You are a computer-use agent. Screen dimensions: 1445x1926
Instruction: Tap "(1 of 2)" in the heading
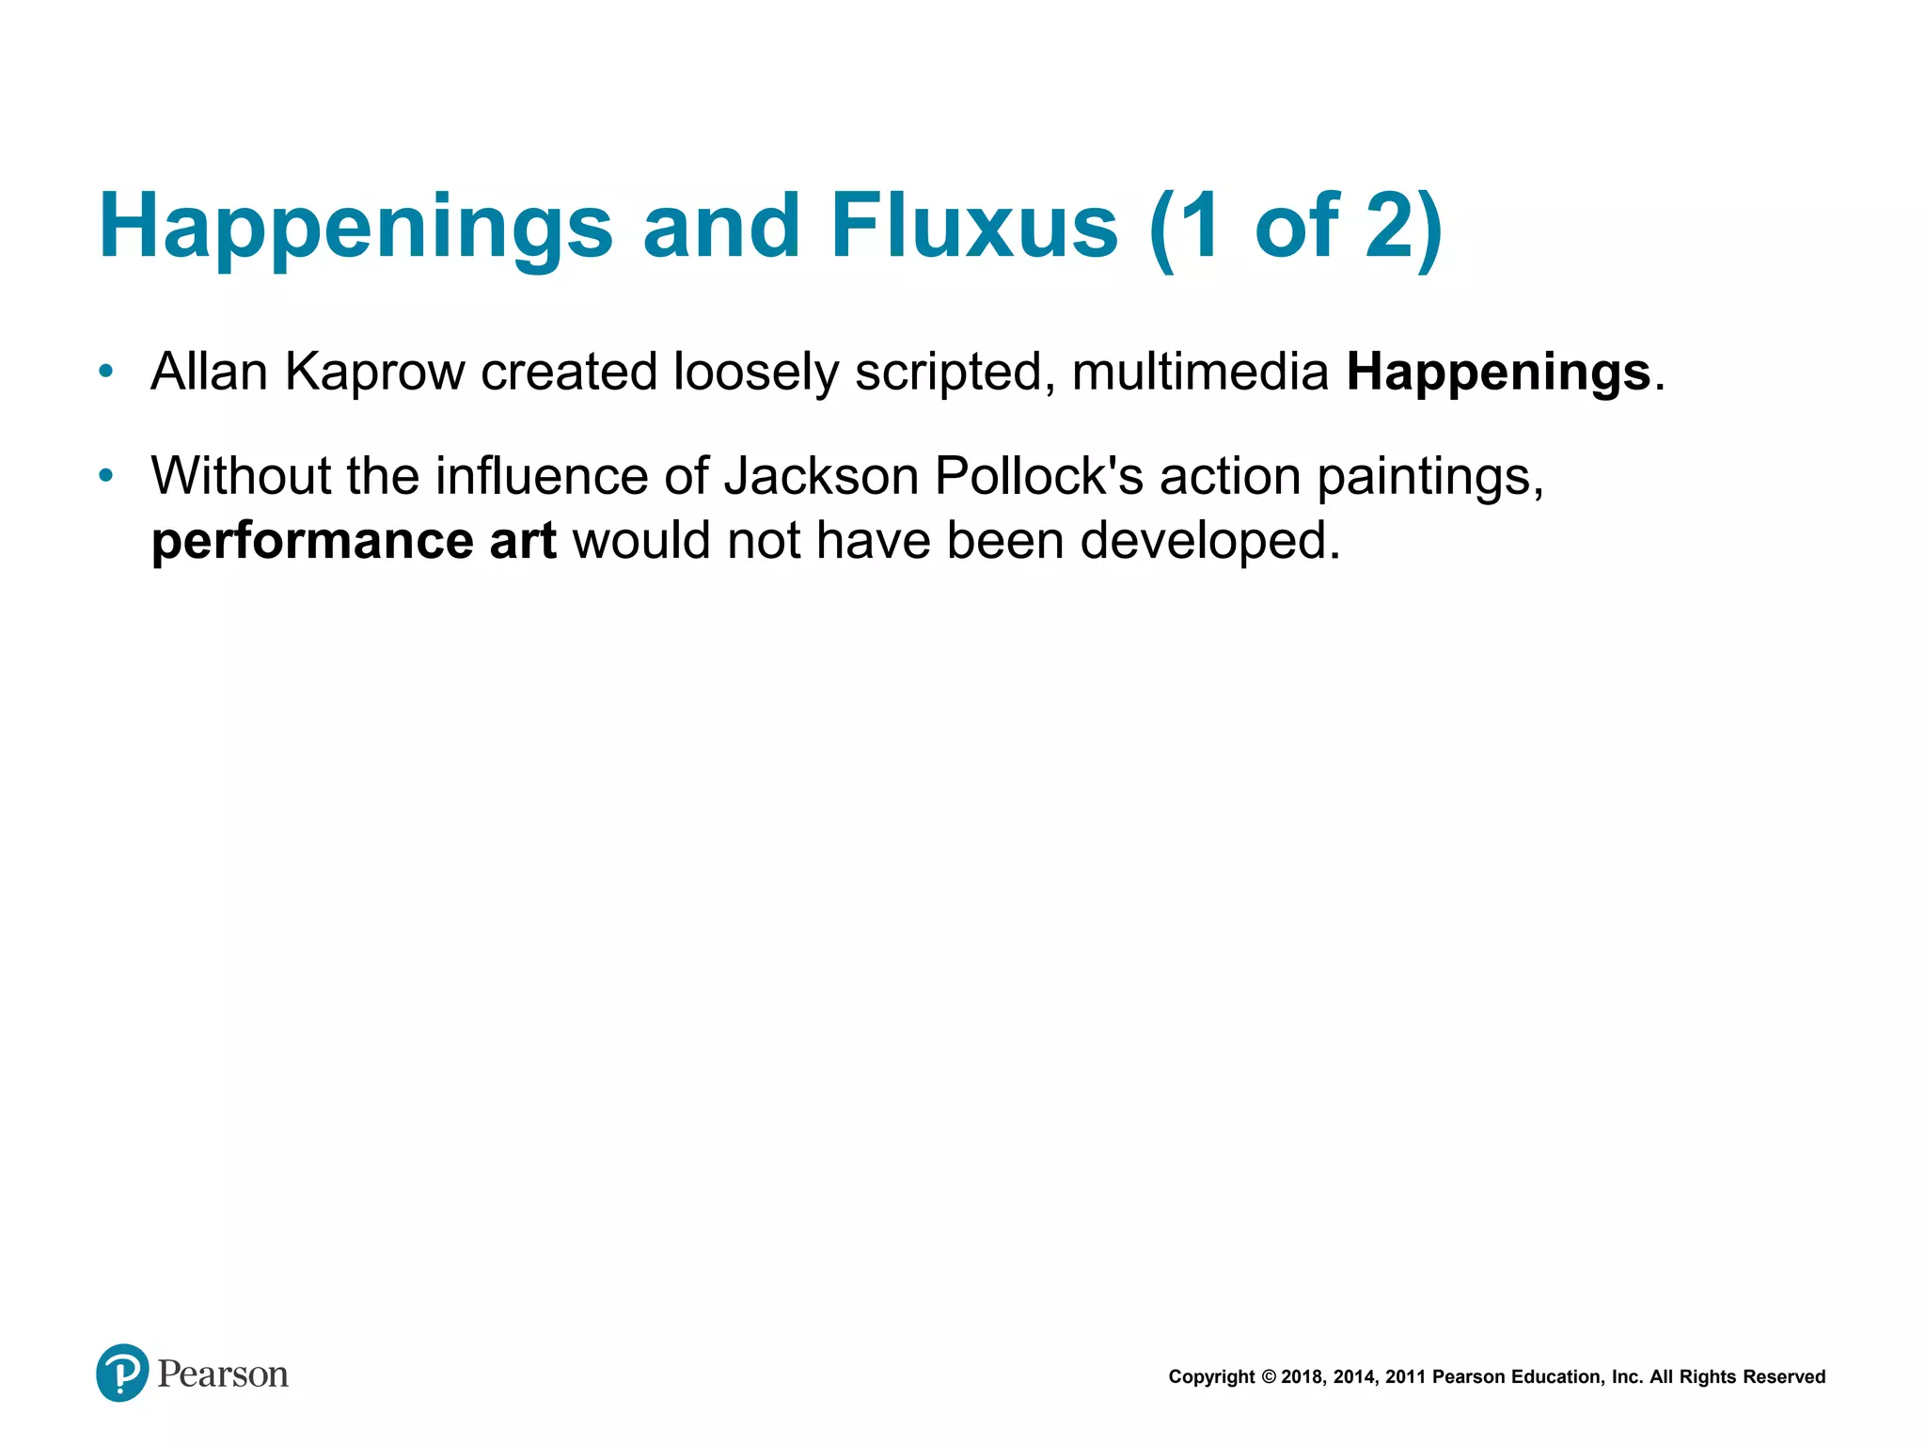1296,228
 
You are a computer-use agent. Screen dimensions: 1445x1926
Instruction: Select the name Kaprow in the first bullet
374,373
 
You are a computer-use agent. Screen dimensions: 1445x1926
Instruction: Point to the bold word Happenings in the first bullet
1498,373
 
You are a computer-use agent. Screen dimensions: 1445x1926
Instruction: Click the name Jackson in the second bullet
821,476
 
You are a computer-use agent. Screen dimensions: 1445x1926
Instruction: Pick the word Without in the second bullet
241,476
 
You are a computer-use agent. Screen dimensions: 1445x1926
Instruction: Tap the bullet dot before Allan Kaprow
106,372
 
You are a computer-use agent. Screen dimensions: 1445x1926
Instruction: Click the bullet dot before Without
106,476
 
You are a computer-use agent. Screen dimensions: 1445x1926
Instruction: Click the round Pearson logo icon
122,1373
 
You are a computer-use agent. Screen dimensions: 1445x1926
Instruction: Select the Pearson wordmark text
223,1374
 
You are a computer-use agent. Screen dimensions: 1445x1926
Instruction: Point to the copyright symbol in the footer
1268,1377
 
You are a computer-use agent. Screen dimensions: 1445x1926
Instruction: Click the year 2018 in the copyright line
1302,1377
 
